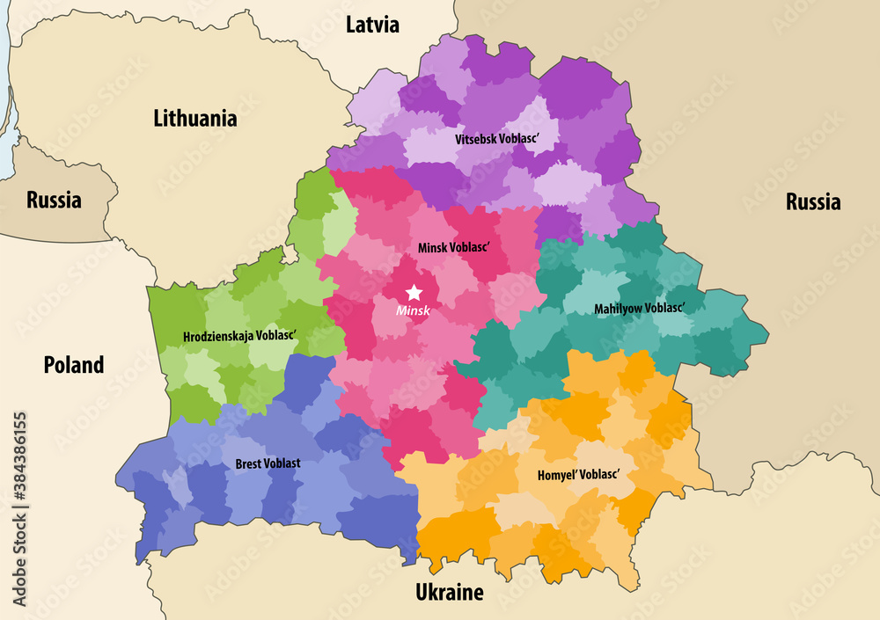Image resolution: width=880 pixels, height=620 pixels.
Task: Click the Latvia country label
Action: [x=372, y=25]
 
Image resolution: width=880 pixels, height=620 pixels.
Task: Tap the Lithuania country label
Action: [x=194, y=118]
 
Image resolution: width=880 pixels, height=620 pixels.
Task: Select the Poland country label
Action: [x=74, y=364]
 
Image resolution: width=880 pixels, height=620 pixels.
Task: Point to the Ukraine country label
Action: [x=449, y=593]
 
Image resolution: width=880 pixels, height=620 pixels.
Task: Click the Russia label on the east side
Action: [x=812, y=202]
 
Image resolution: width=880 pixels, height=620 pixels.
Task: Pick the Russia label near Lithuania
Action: [x=54, y=200]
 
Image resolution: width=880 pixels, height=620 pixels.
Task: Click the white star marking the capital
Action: [x=414, y=293]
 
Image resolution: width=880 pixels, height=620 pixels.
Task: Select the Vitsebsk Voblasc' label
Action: [x=495, y=139]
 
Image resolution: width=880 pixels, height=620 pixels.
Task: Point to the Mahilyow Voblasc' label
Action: [x=640, y=309]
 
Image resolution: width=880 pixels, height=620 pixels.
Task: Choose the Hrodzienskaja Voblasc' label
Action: [x=239, y=336]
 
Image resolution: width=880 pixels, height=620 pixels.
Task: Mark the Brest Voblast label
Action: [x=268, y=463]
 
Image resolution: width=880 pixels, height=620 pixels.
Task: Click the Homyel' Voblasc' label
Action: [x=578, y=474]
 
